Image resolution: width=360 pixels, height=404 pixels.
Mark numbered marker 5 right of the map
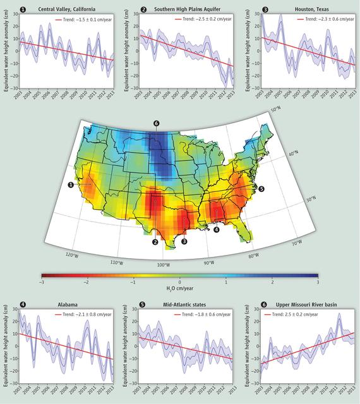(261, 188)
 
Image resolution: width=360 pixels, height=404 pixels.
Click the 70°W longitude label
(296, 242)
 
